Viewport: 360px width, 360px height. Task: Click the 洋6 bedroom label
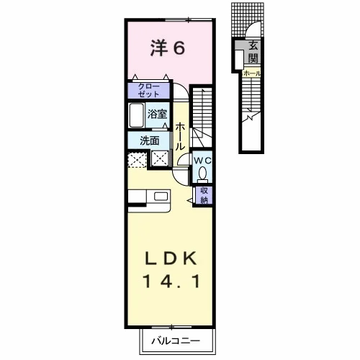coord(168,48)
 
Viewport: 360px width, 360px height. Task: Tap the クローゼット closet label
coord(149,90)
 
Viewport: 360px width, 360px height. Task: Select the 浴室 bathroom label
coord(157,114)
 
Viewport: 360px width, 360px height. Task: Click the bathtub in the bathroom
coord(137,115)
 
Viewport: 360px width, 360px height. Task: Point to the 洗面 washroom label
coord(150,140)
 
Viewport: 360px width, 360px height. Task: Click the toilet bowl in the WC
coord(203,174)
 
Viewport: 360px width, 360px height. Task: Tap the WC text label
coord(202,161)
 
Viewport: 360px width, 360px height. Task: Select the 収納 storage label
coord(204,195)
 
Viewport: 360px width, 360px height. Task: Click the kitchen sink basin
coord(161,197)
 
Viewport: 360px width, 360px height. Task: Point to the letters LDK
coord(171,258)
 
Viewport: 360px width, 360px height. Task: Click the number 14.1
coord(171,282)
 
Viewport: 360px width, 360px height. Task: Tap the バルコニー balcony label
coord(176,341)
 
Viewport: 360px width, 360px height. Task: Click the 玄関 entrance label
coord(253,52)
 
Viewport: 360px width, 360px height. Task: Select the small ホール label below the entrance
coord(252,73)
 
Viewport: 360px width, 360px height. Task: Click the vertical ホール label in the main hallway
coord(180,137)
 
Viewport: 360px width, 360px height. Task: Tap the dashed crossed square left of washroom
coord(137,160)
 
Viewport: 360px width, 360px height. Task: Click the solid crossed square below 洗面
coord(160,158)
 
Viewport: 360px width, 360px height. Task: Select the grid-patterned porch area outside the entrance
coord(248,19)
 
